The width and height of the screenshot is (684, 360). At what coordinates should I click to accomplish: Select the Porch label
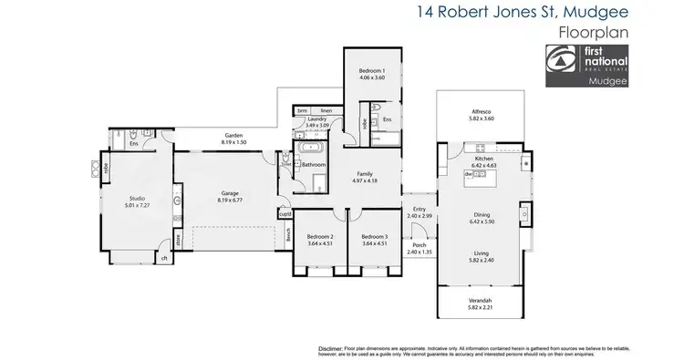click(420, 244)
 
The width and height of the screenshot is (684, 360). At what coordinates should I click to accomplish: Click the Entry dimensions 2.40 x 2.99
click(420, 215)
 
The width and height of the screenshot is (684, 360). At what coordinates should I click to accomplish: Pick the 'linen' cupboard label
click(326, 110)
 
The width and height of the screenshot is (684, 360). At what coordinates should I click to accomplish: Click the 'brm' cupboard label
click(304, 110)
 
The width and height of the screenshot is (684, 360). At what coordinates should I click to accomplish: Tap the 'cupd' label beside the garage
click(285, 214)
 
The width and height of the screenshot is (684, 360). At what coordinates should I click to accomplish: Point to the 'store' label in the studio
click(178, 242)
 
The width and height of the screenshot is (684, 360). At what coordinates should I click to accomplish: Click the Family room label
click(364, 174)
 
